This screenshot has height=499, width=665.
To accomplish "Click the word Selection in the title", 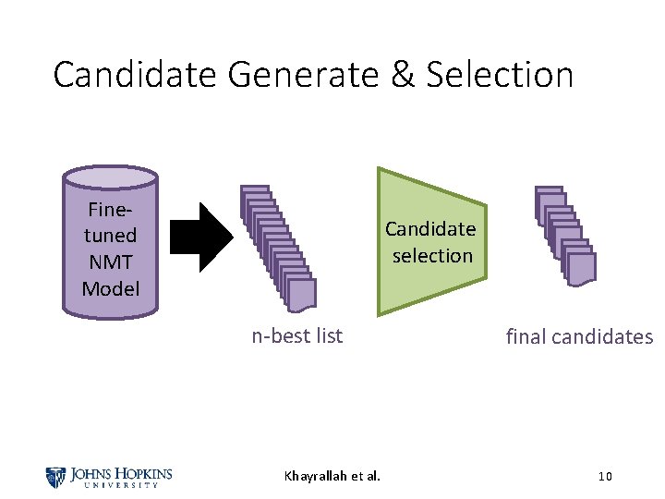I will (x=500, y=75).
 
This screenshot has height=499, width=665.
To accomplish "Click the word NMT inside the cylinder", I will (x=110, y=262).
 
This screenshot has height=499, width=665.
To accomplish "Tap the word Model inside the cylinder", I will (x=110, y=288).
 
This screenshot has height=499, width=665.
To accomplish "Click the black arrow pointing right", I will (x=216, y=238).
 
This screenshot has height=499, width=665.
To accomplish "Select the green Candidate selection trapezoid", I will (x=430, y=241).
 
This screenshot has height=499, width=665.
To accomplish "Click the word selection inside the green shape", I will (x=431, y=255).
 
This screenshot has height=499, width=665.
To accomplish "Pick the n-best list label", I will (x=296, y=336).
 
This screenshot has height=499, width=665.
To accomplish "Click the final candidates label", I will (x=579, y=336).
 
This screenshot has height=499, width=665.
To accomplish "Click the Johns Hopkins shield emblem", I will (x=56, y=477).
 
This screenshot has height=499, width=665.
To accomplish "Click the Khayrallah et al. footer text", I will (x=332, y=477).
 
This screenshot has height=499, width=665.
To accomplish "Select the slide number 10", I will (x=605, y=477).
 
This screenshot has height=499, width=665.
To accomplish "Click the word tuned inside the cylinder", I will (x=110, y=236).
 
